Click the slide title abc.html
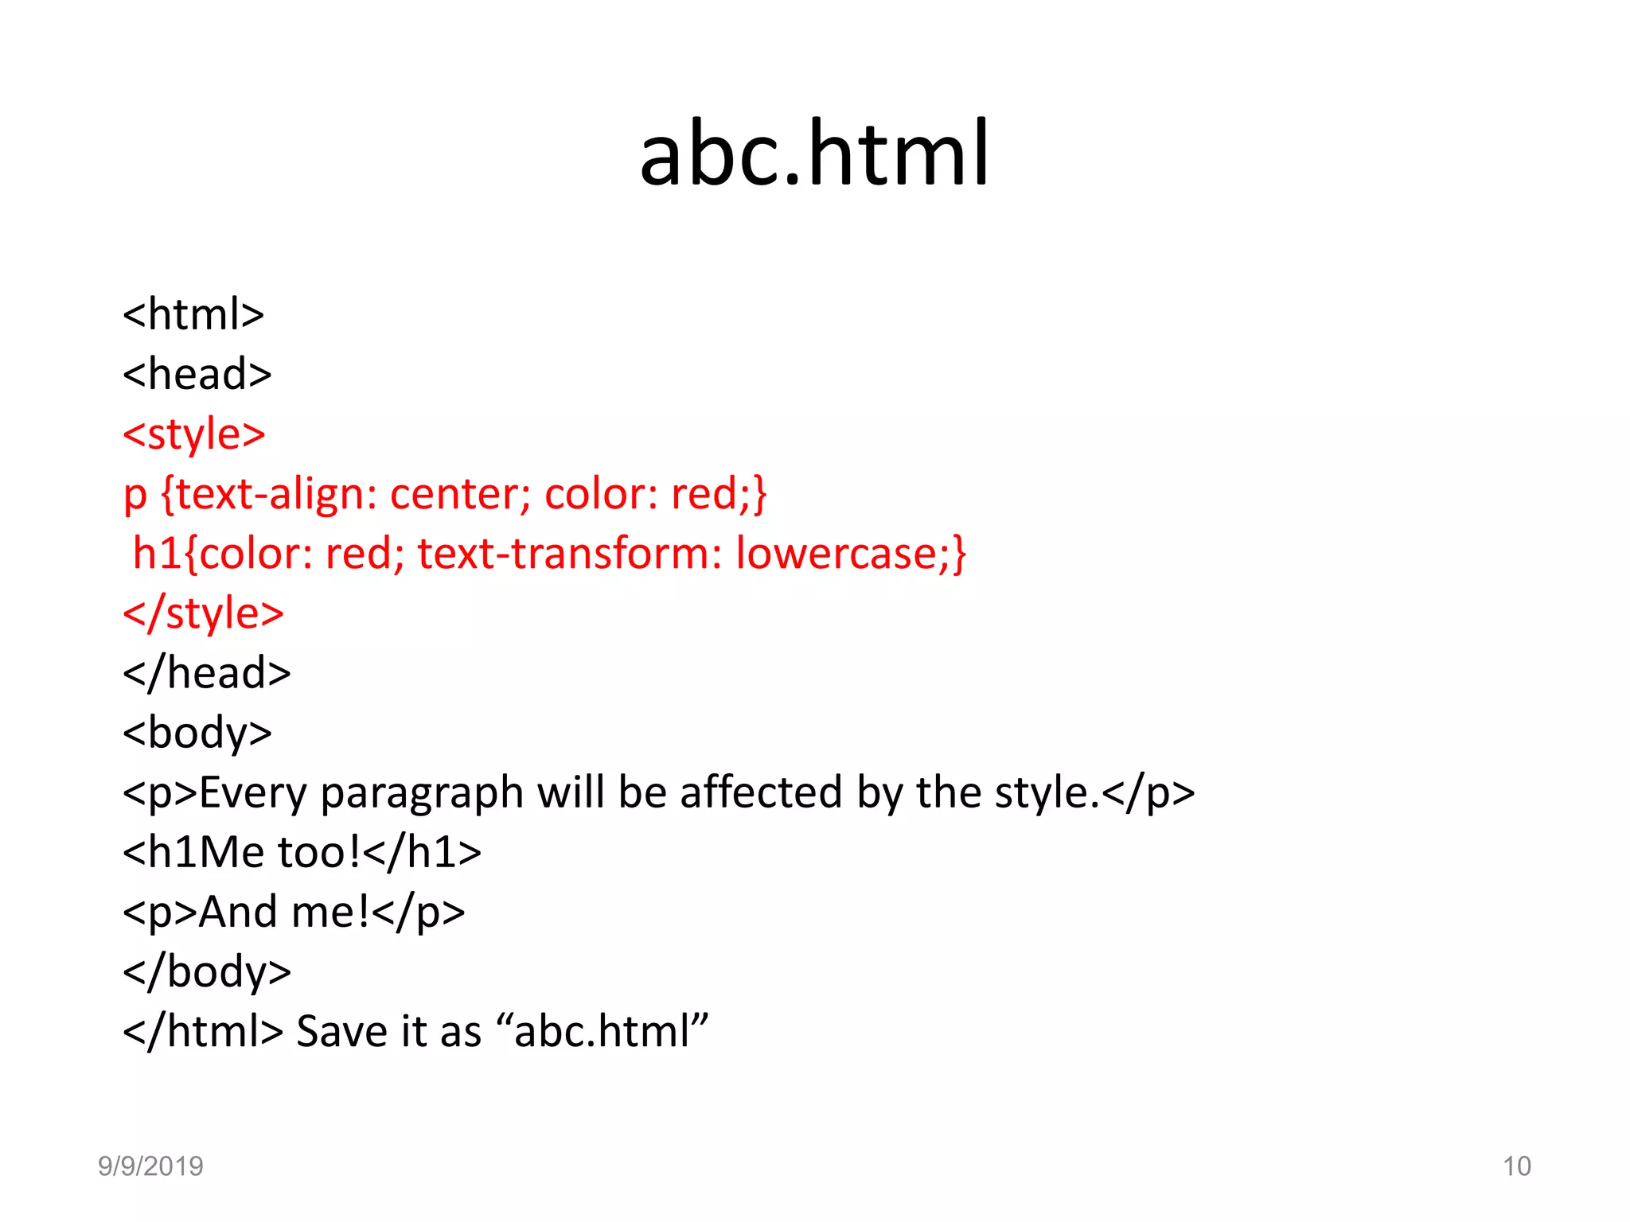(x=814, y=153)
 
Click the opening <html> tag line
(x=193, y=314)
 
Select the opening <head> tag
(x=197, y=374)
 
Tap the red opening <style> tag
(x=194, y=434)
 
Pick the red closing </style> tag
(x=204, y=613)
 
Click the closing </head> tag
(x=207, y=673)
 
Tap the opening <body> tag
(x=197, y=733)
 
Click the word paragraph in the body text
(x=421, y=793)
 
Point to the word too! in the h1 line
(x=318, y=852)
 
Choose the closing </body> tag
(x=207, y=971)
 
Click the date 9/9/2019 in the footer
(x=150, y=1166)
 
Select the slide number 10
(x=1516, y=1166)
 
